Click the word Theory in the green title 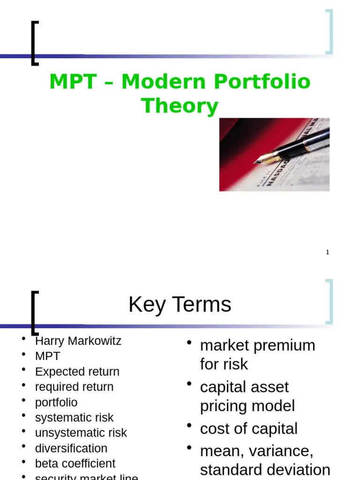click(x=180, y=106)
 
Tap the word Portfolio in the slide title click(x=262, y=82)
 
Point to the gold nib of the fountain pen click(x=262, y=158)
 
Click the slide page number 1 click(x=328, y=253)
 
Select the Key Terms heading click(x=180, y=305)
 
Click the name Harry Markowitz click(x=78, y=341)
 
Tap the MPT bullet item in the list click(x=47, y=356)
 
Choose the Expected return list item click(x=77, y=372)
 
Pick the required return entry click(x=74, y=387)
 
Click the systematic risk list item click(x=74, y=417)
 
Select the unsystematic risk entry click(x=81, y=433)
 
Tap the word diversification click(x=71, y=448)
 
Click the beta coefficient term click(x=75, y=463)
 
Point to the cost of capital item click(x=248, y=429)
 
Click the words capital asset click(x=244, y=387)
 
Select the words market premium click(x=257, y=345)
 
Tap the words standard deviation click(x=265, y=470)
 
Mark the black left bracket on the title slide click(x=33, y=43)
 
